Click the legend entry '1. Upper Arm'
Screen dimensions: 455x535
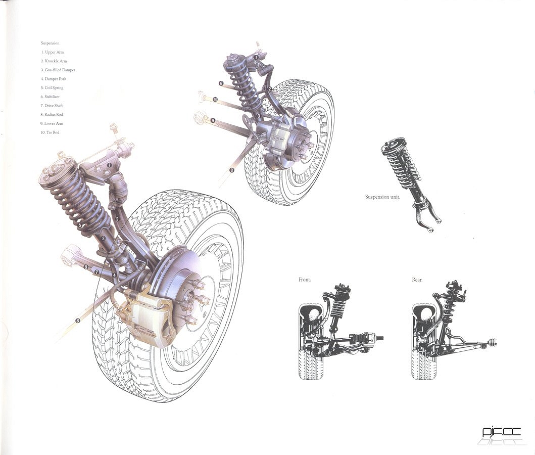[x=53, y=52]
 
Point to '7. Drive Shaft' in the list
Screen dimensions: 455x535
[x=53, y=106]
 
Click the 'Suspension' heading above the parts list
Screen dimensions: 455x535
[x=50, y=43]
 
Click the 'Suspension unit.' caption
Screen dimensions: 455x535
[x=382, y=197]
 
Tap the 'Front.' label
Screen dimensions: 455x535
[x=305, y=280]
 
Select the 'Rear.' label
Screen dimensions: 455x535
[x=417, y=280]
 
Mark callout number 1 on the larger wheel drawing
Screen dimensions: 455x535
[x=109, y=165]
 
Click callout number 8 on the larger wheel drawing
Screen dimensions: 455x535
[x=77, y=320]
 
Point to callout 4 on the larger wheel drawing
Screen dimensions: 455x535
[x=115, y=275]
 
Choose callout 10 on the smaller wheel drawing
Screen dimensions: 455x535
[x=215, y=100]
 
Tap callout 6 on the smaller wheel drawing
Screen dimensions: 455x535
[x=221, y=83]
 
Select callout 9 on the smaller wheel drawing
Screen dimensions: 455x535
[x=213, y=120]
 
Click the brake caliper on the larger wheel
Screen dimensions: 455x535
[x=147, y=318]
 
